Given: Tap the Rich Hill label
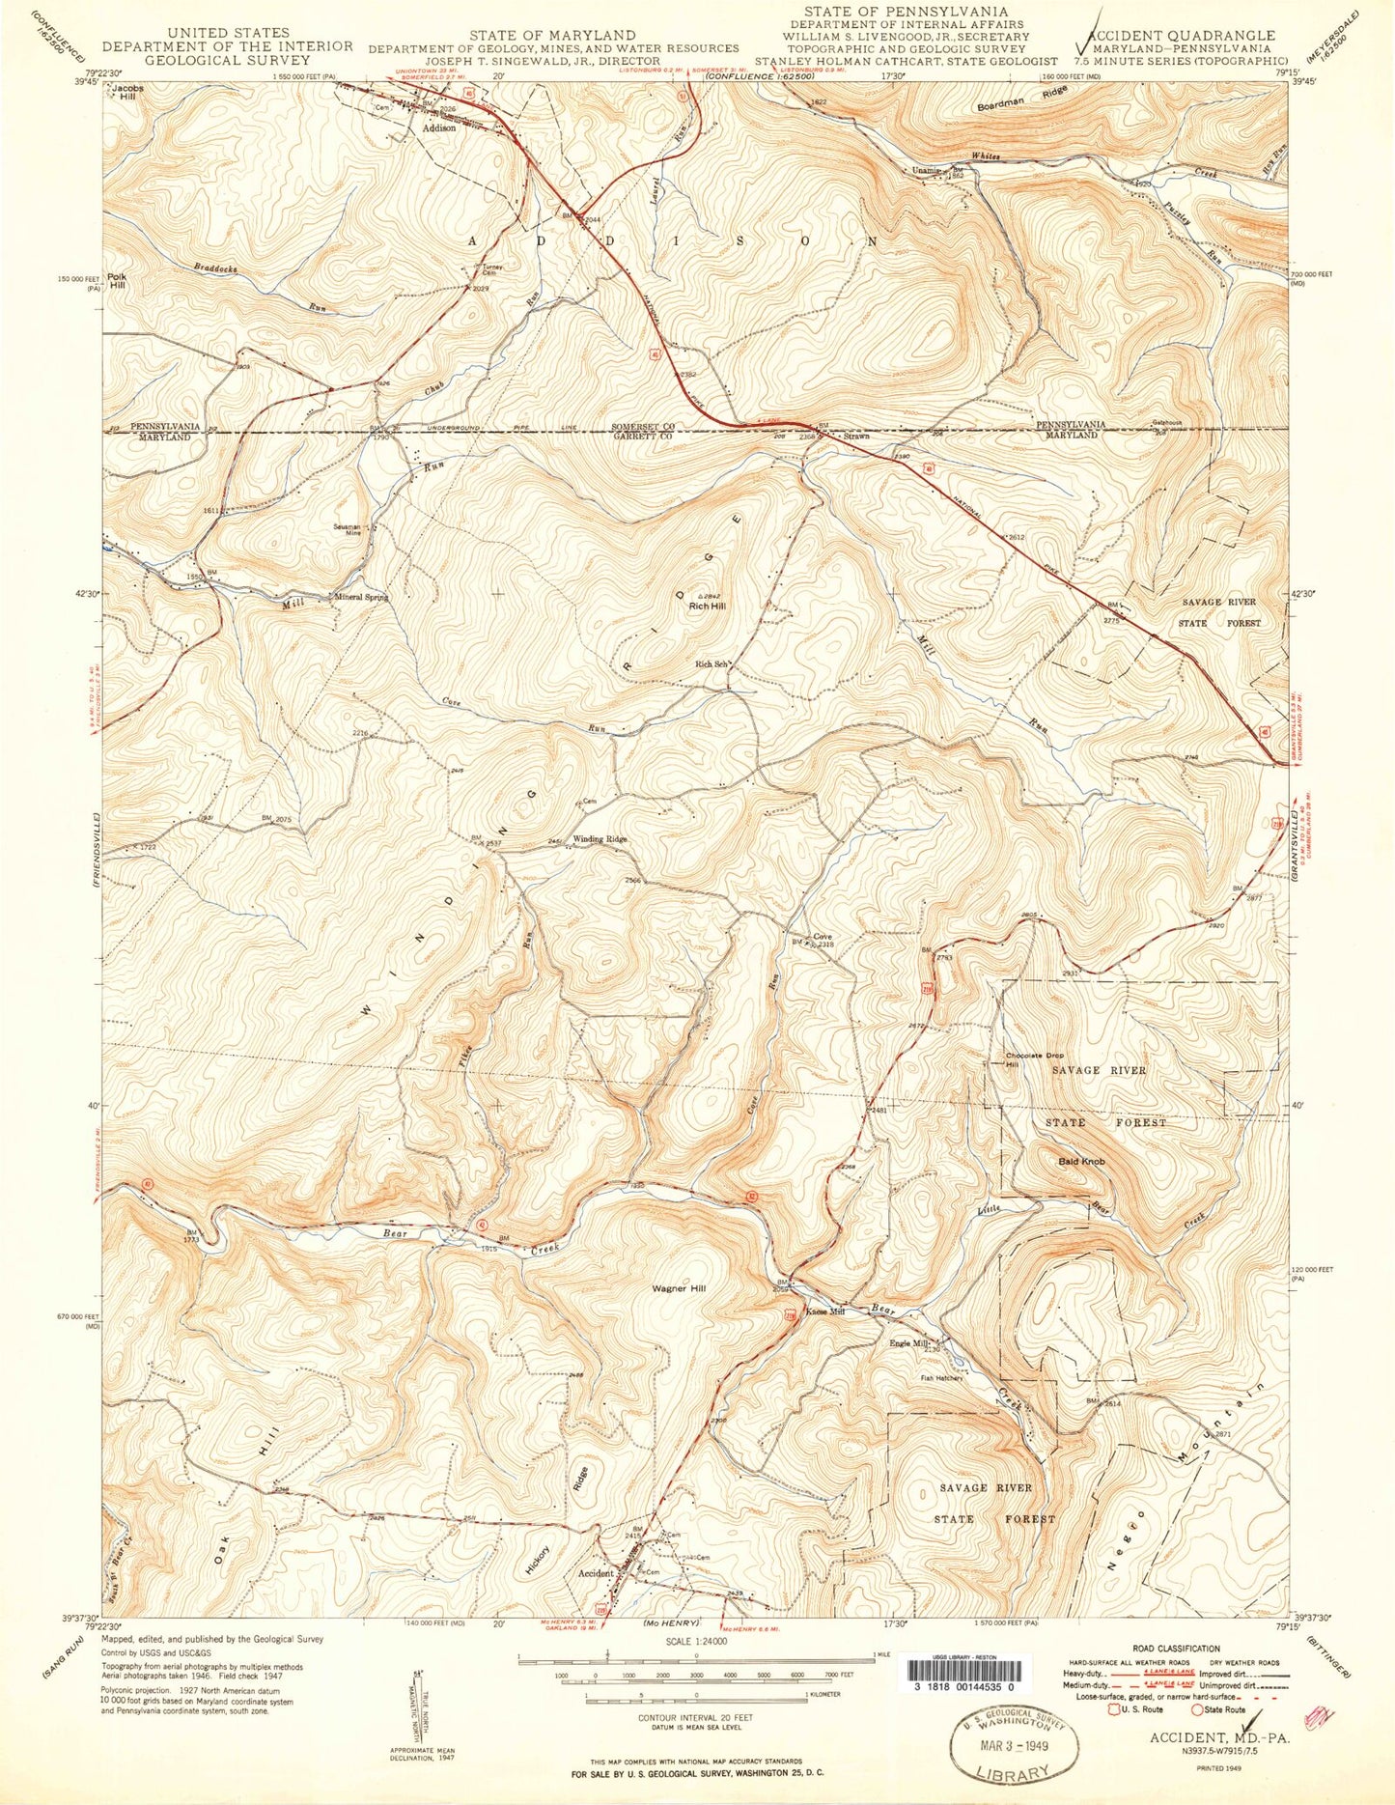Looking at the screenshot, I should (x=707, y=606).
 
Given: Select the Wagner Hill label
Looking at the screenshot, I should (x=678, y=1288).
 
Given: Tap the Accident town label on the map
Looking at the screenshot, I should (x=595, y=1572).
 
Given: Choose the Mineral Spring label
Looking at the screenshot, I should (x=361, y=597).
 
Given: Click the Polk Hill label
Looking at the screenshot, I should (x=118, y=281).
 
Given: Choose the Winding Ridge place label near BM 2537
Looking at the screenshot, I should (x=600, y=839).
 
